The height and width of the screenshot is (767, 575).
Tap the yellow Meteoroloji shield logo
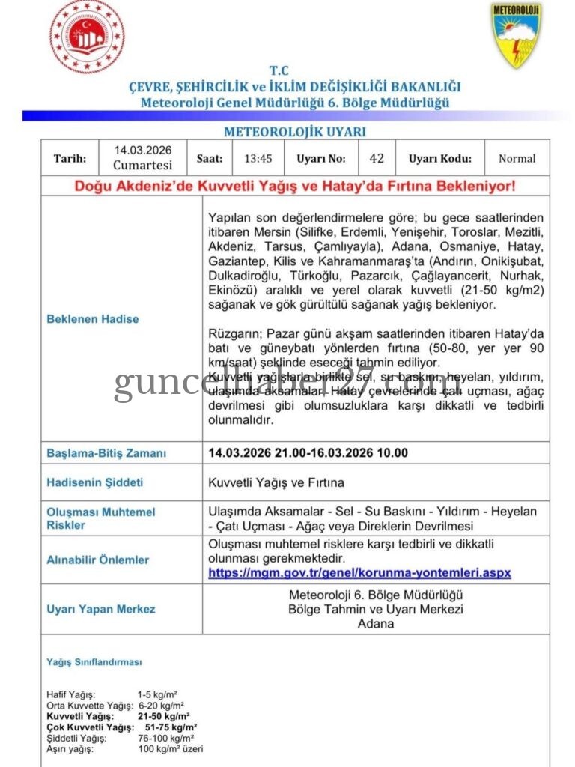coord(517,34)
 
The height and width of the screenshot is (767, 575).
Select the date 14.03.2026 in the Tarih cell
coord(143,151)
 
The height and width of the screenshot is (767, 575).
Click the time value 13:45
coord(258,158)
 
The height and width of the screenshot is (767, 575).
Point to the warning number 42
coord(377,158)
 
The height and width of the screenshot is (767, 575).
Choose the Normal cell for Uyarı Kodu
coord(517,158)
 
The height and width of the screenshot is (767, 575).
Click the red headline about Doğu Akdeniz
coord(295,185)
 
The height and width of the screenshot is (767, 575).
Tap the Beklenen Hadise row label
coord(93,318)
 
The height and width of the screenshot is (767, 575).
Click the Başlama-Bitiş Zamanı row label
coord(106,453)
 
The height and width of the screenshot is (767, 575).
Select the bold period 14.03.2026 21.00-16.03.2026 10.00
coord(308,453)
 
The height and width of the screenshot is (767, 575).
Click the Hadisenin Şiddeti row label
coord(94,482)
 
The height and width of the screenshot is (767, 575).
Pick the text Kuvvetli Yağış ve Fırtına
coord(276,482)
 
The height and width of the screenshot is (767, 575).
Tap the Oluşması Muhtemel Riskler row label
coord(101,518)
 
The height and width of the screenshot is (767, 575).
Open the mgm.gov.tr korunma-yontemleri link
coord(359,572)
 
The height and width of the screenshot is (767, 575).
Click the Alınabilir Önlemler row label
coord(97,560)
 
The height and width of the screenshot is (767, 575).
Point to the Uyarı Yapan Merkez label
coord(101,609)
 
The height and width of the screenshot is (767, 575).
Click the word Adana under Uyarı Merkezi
coord(375,623)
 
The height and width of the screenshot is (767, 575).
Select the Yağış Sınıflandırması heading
coord(94,662)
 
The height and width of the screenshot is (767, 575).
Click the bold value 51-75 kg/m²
coord(171,727)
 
